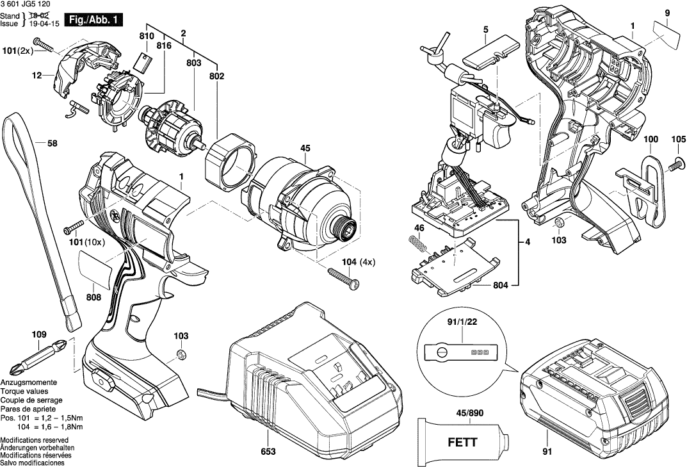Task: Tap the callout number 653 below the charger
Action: click(x=268, y=452)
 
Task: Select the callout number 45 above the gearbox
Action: click(x=305, y=149)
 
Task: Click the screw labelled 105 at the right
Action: click(x=674, y=165)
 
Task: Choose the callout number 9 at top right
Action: click(x=667, y=13)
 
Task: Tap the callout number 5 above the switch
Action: click(x=486, y=29)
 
